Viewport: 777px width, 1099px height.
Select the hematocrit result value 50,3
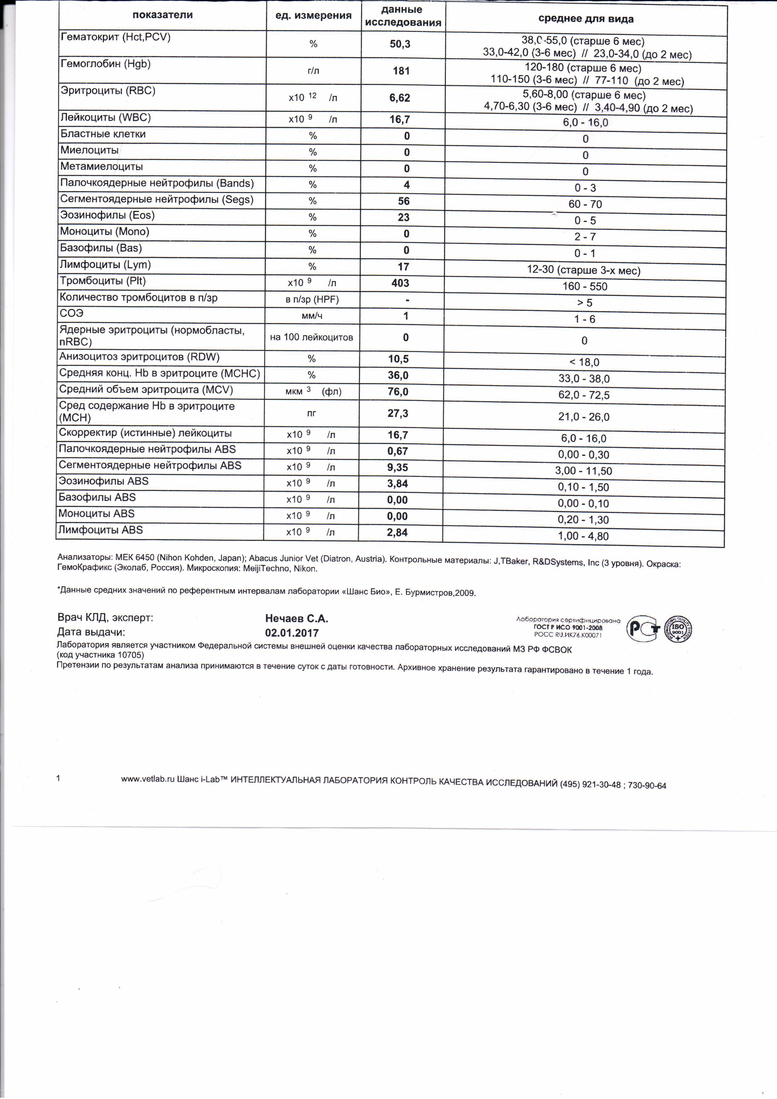pos(400,44)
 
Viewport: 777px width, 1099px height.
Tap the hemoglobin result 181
pos(401,71)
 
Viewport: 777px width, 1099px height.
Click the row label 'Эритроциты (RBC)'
pos(108,91)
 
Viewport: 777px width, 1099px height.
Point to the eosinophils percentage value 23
pos(404,217)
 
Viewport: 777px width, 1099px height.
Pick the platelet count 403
pos(400,283)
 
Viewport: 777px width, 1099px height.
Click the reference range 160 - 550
pos(585,286)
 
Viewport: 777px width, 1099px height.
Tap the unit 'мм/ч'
pos(312,316)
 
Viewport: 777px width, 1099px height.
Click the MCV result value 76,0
pos(398,392)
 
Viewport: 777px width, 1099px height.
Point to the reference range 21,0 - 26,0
pos(584,416)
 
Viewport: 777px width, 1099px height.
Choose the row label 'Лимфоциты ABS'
pos(101,530)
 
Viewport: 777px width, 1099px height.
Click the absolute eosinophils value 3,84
pos(397,483)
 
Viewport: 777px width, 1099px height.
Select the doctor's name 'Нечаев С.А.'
pos(296,618)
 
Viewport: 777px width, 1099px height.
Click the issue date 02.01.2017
pos(292,633)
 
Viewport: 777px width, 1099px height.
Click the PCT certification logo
pos(643,628)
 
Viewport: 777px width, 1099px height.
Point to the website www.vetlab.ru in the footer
pos(148,779)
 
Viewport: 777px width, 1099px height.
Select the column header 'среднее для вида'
pos(586,19)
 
